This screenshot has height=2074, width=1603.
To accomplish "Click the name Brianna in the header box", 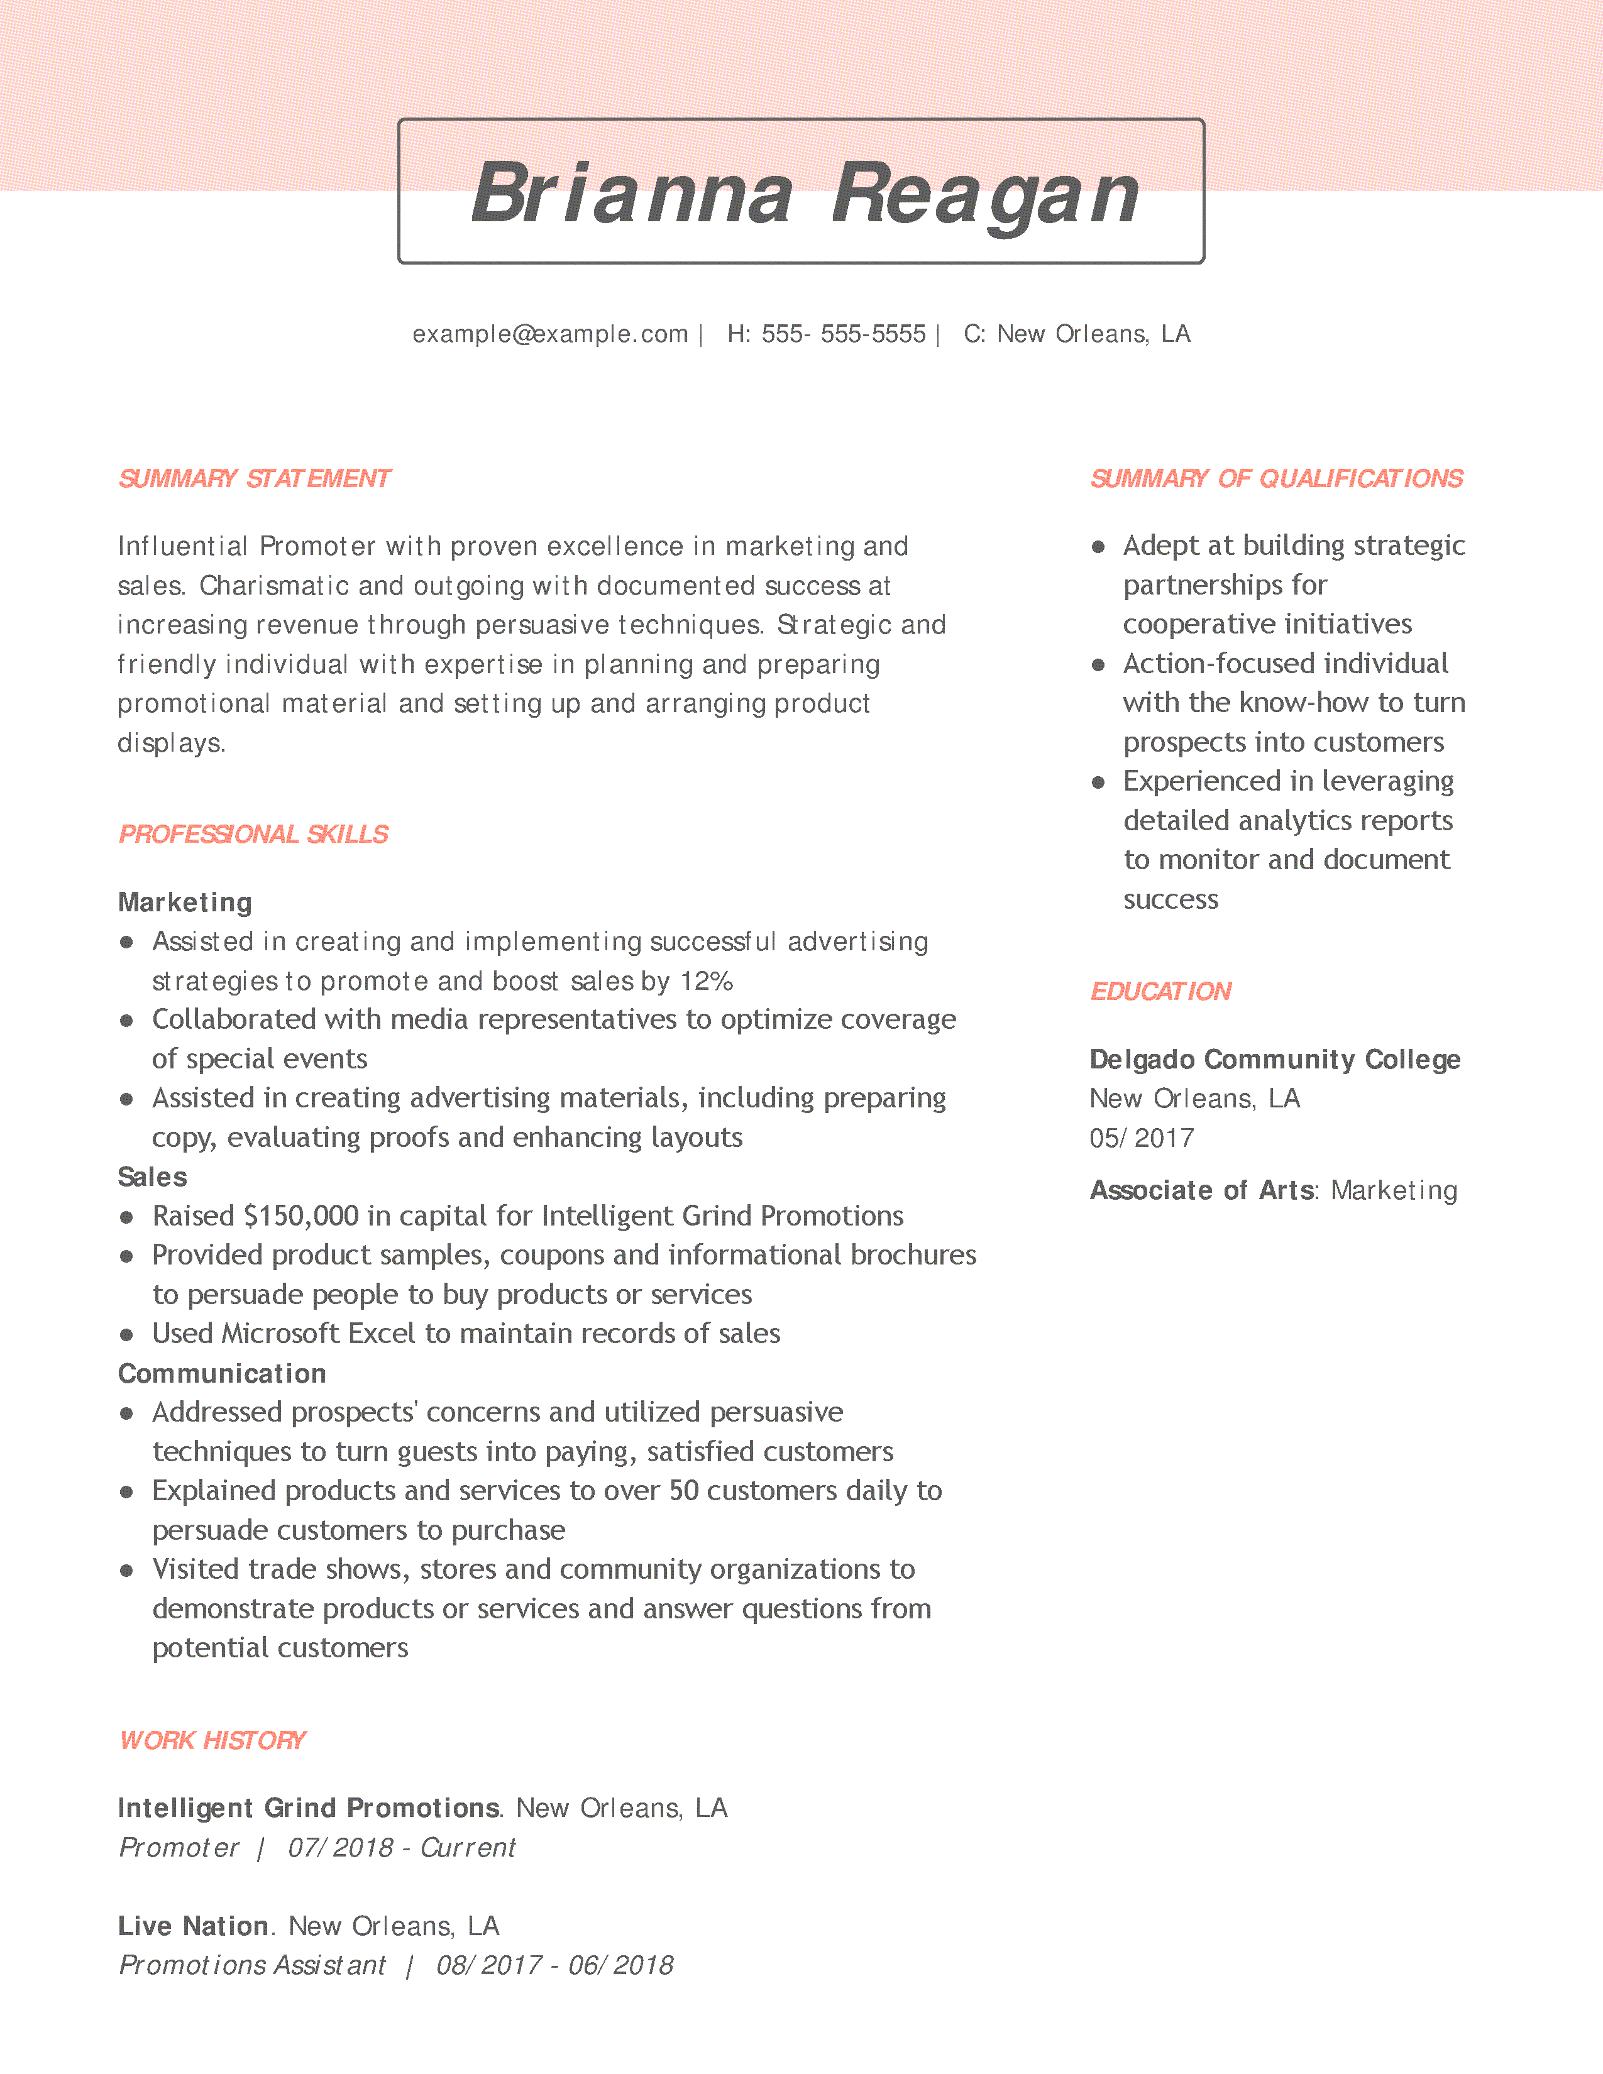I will click(632, 194).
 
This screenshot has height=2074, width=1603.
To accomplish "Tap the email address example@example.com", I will click(550, 334).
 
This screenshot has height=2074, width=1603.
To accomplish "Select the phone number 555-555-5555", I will click(843, 334).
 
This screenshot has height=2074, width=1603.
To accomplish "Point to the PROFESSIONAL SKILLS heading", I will click(253, 834).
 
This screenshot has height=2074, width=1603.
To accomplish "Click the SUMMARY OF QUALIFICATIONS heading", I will click(1275, 479).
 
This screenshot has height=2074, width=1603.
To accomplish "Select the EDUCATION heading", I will click(1160, 991).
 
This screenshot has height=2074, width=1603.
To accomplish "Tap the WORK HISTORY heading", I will click(212, 1741).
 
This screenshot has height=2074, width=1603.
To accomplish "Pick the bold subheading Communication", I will click(222, 1373).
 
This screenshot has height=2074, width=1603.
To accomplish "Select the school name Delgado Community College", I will click(1274, 1060).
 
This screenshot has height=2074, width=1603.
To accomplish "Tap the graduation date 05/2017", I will click(1142, 1139).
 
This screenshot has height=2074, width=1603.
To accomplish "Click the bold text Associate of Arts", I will click(1201, 1191).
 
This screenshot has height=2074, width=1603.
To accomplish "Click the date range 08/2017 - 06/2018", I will click(554, 1966).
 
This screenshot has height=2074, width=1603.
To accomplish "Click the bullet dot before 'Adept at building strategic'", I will click(1098, 547).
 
